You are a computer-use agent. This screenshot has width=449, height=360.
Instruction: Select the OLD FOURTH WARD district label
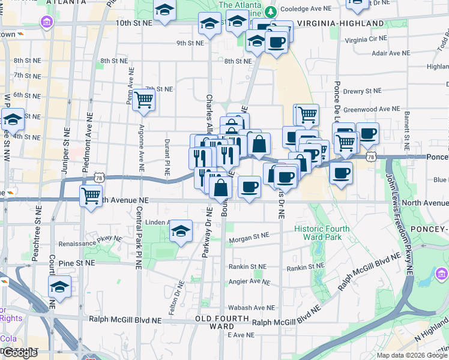pyautogui.click(x=217, y=322)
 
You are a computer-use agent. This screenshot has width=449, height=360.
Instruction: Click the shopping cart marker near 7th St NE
pyautogui.click(x=144, y=100)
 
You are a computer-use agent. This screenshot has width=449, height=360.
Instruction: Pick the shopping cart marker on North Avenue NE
pyautogui.click(x=91, y=195)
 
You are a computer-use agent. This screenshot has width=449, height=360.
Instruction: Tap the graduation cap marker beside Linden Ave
pyautogui.click(x=180, y=232)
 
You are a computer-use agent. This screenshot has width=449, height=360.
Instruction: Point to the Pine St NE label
pyautogui.click(x=77, y=263)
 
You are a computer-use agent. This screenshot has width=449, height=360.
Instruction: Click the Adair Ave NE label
pyautogui.click(x=391, y=53)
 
